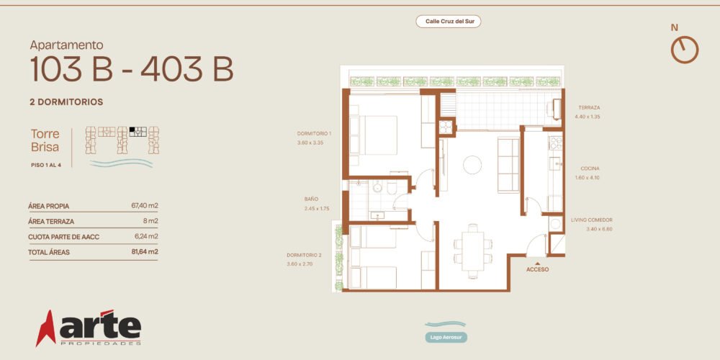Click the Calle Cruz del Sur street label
[x=448, y=21]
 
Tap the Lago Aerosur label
[x=446, y=338]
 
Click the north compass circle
[x=685, y=50]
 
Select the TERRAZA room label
[x=589, y=107]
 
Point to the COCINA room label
[x=590, y=168]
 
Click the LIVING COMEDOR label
[x=591, y=220]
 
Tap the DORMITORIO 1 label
[x=314, y=134]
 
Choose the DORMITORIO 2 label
[x=304, y=255]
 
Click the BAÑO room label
[x=311, y=199]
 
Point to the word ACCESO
[x=537, y=269]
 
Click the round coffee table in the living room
[x=472, y=165]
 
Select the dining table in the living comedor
[x=473, y=251]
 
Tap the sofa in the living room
[x=508, y=165]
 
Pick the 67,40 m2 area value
[x=145, y=206]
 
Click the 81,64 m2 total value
[x=145, y=251]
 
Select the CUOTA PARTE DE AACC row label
[x=64, y=237]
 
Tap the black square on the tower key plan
[x=132, y=130]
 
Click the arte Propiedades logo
[x=89, y=328]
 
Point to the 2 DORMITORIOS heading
[x=66, y=102]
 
